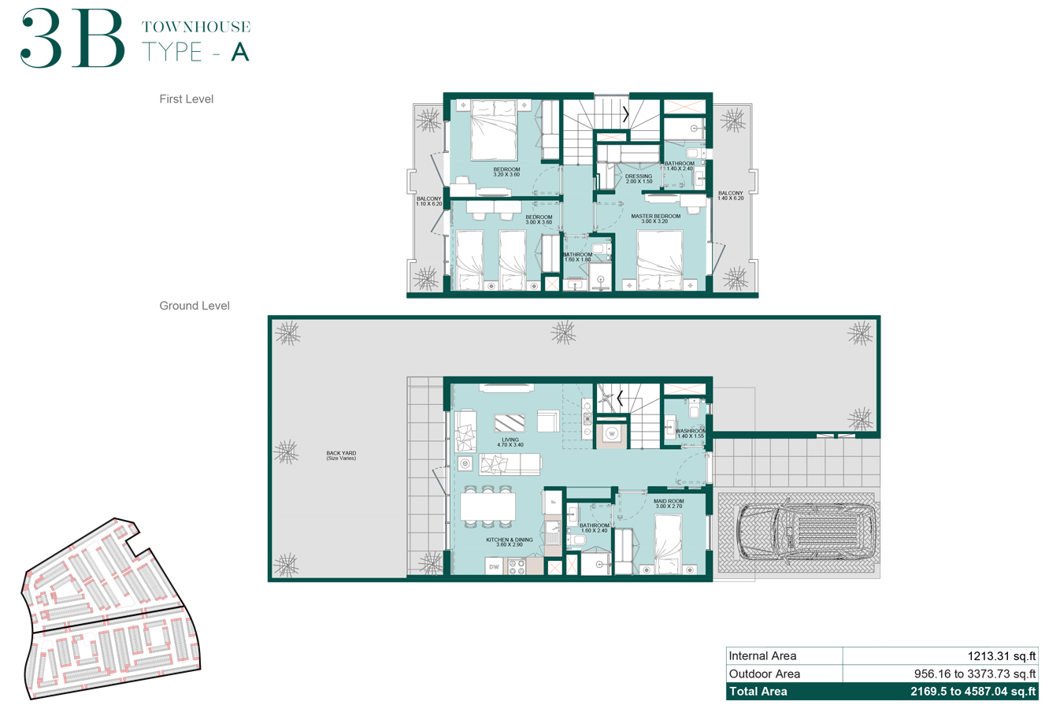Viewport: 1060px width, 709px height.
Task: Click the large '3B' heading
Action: [x=72, y=39]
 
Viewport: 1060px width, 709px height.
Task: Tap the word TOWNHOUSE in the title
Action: [x=196, y=27]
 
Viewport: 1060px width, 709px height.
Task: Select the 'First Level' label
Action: [x=186, y=99]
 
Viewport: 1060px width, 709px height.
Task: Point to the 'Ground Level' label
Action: [x=195, y=306]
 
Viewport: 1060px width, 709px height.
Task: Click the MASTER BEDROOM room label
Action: [x=655, y=218]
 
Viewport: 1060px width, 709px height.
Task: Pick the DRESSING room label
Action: [x=639, y=179]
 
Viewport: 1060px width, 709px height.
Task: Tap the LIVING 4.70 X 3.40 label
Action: [x=510, y=442]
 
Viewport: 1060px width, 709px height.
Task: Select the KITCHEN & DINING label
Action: [x=510, y=542]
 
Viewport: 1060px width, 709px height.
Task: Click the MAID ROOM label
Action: [x=669, y=503]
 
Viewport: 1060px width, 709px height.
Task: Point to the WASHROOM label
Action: [x=691, y=433]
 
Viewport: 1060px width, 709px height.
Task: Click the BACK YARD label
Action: [x=341, y=455]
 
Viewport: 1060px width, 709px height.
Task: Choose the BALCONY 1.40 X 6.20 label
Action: [x=730, y=195]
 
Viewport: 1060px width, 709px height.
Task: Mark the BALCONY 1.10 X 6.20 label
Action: [x=429, y=201]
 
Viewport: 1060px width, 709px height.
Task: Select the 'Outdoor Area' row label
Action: [x=765, y=674]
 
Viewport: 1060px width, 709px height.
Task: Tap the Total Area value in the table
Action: [x=973, y=692]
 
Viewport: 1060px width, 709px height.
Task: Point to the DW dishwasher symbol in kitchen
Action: [x=494, y=566]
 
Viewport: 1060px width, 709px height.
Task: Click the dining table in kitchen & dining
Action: [x=488, y=507]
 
